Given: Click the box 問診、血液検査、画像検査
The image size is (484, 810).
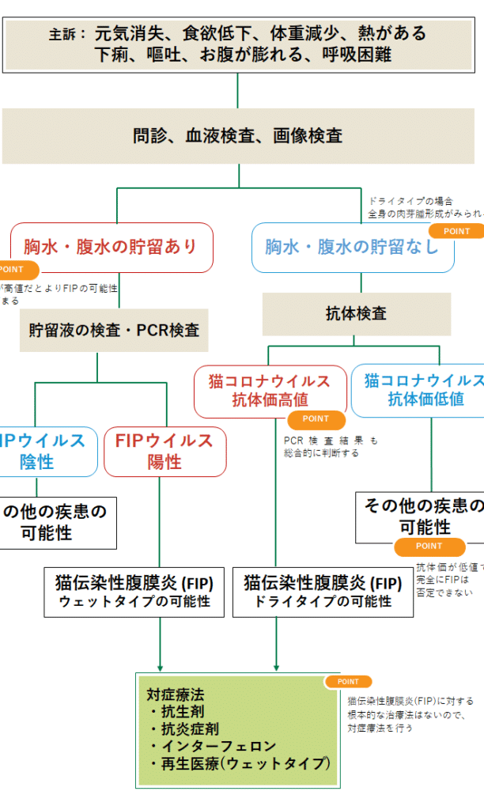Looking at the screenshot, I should coord(238,136).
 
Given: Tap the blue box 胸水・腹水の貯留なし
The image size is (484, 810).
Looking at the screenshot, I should coord(352,247).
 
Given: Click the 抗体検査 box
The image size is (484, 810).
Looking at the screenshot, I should coord(357,314).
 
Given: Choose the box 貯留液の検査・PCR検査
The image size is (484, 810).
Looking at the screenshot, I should coord(114,330).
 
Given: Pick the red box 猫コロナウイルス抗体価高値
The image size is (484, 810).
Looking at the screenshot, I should coord(270,390).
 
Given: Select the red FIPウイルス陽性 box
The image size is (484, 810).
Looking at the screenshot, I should coord(164,451).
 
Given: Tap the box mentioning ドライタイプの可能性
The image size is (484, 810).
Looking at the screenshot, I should coord(323,592).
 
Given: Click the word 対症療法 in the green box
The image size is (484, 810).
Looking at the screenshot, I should coord(176,695).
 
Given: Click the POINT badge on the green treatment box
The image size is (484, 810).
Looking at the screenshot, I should coord(348,681).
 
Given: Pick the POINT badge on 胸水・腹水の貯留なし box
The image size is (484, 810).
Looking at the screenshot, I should coord(456,231).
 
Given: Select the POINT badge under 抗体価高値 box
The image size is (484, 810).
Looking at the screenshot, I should coord(316,419).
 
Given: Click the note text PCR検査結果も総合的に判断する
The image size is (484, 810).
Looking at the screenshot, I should coord(331,447).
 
